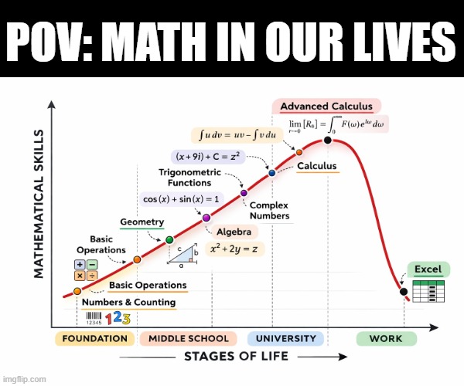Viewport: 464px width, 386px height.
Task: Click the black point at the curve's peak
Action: [x=328, y=140]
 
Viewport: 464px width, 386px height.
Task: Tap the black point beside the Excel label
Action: [x=403, y=291]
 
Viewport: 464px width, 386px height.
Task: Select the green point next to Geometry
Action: [x=169, y=240]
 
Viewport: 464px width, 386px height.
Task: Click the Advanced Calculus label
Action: [x=326, y=107]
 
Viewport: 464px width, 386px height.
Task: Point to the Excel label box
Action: [x=427, y=269]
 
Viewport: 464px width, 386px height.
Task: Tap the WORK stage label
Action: [x=386, y=338]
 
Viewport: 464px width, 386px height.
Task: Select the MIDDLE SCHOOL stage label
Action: [x=189, y=338]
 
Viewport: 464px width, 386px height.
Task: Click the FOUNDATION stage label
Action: [x=94, y=338]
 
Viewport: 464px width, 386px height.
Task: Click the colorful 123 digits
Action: [x=118, y=318]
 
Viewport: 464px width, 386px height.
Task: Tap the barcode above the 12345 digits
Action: [x=93, y=315]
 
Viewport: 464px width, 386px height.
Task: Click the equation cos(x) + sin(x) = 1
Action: [x=181, y=199]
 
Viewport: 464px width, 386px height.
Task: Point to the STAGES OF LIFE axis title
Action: [x=237, y=356]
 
